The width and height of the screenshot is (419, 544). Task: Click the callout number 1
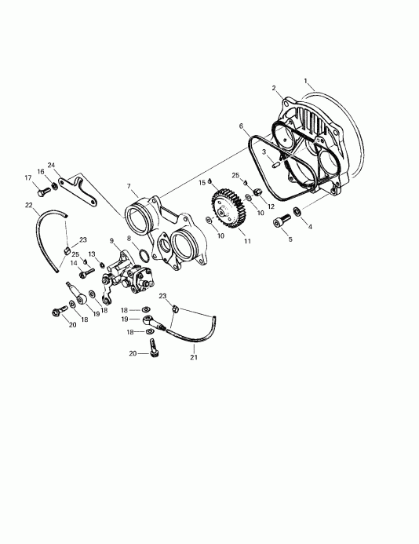click(308, 81)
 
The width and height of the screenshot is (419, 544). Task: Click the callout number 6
click(242, 125)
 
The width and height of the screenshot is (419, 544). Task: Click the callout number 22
click(29, 206)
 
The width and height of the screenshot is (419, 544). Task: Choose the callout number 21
click(194, 358)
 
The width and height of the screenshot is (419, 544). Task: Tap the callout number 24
click(51, 166)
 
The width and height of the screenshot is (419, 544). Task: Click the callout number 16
click(40, 171)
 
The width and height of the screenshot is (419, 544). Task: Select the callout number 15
click(202, 182)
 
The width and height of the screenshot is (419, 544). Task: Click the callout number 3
click(264, 152)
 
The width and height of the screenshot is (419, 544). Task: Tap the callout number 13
click(91, 254)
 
